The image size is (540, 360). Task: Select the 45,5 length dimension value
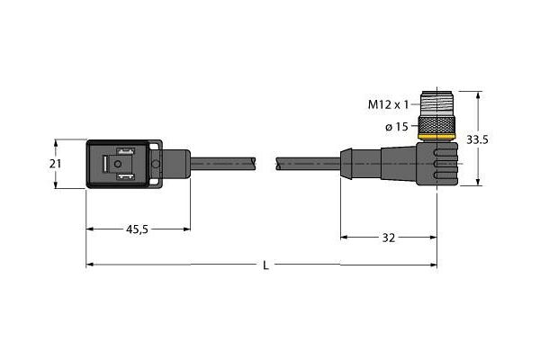[x=138, y=230]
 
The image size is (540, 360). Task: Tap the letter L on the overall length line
[x=264, y=265]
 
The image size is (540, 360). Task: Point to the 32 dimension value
[x=389, y=238]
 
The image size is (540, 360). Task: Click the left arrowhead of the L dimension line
[x=91, y=265]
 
